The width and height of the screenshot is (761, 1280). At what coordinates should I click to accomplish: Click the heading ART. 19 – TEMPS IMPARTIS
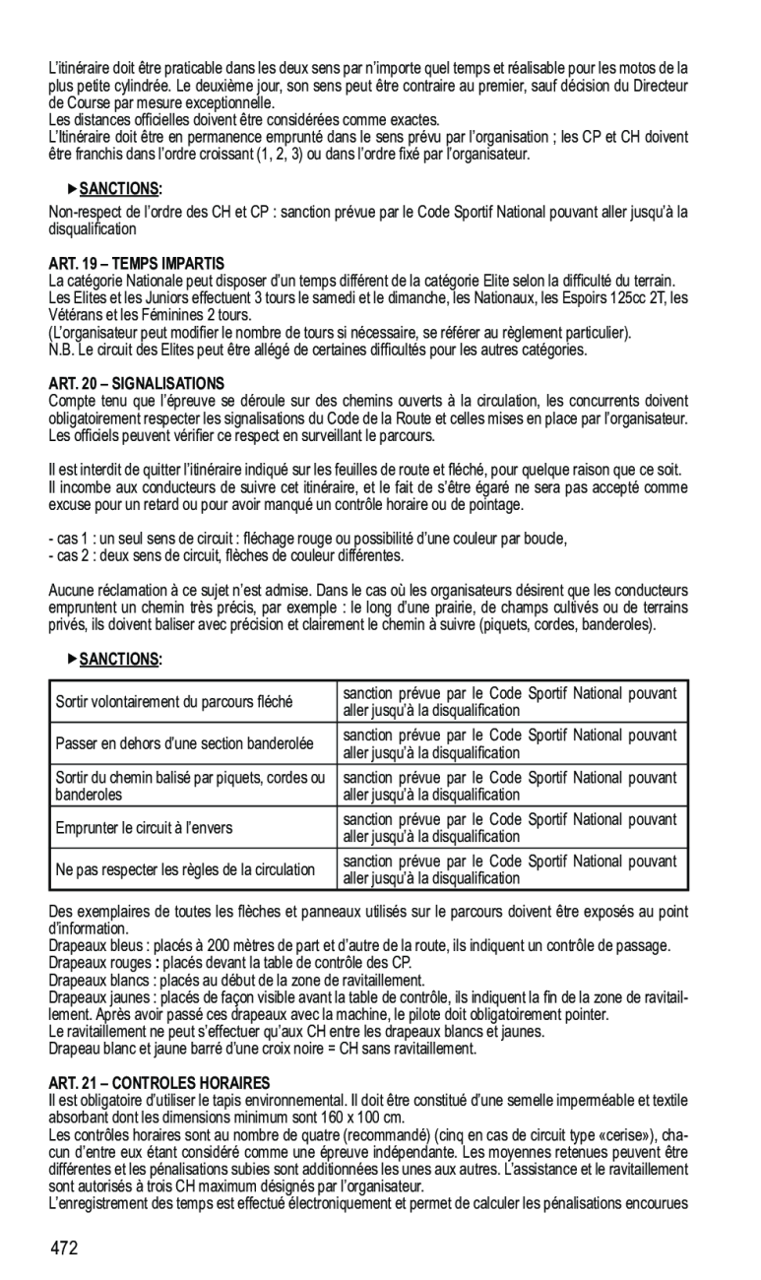click(x=137, y=263)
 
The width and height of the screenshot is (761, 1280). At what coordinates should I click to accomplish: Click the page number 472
click(x=66, y=1248)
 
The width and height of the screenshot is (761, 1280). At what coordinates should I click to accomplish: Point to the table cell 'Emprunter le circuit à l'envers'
click(x=144, y=828)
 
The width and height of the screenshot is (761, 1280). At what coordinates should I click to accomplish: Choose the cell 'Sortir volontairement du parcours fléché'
click(x=174, y=702)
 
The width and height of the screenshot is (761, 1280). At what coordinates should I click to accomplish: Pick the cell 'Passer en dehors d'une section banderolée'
click(x=184, y=744)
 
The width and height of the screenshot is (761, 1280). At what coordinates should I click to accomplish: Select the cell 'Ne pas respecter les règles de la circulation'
click(x=185, y=869)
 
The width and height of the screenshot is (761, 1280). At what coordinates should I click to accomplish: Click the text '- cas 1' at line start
click(x=69, y=539)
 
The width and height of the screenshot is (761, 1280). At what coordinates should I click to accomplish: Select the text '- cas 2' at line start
click(x=69, y=556)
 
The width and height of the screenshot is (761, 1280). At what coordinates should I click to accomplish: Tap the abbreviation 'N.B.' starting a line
click(x=61, y=350)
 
